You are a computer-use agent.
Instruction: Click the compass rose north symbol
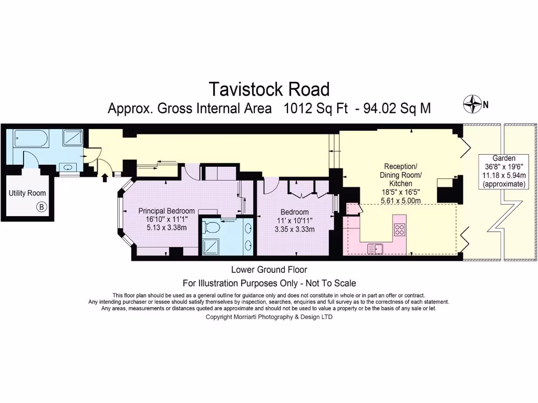(473, 104)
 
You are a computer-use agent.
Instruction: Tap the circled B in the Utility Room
(42, 207)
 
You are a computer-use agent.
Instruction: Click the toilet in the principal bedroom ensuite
(212, 227)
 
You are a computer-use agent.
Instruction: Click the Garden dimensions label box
(504, 171)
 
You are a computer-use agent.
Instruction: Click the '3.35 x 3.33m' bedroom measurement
(294, 229)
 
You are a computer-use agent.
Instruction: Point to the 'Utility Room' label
(27, 193)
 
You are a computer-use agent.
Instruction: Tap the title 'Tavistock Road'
(269, 89)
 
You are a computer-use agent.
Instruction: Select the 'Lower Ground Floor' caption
(269, 270)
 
